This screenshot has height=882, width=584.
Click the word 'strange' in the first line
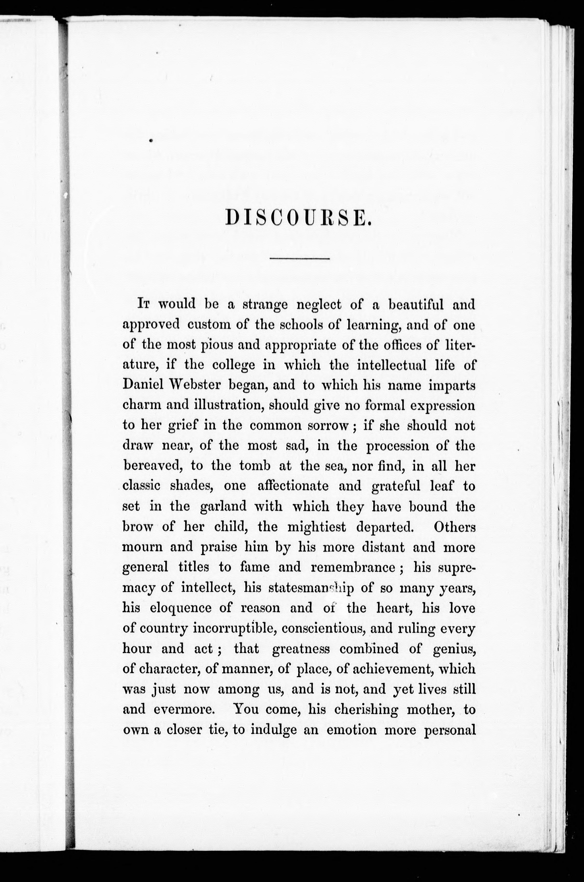pos(265,305)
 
